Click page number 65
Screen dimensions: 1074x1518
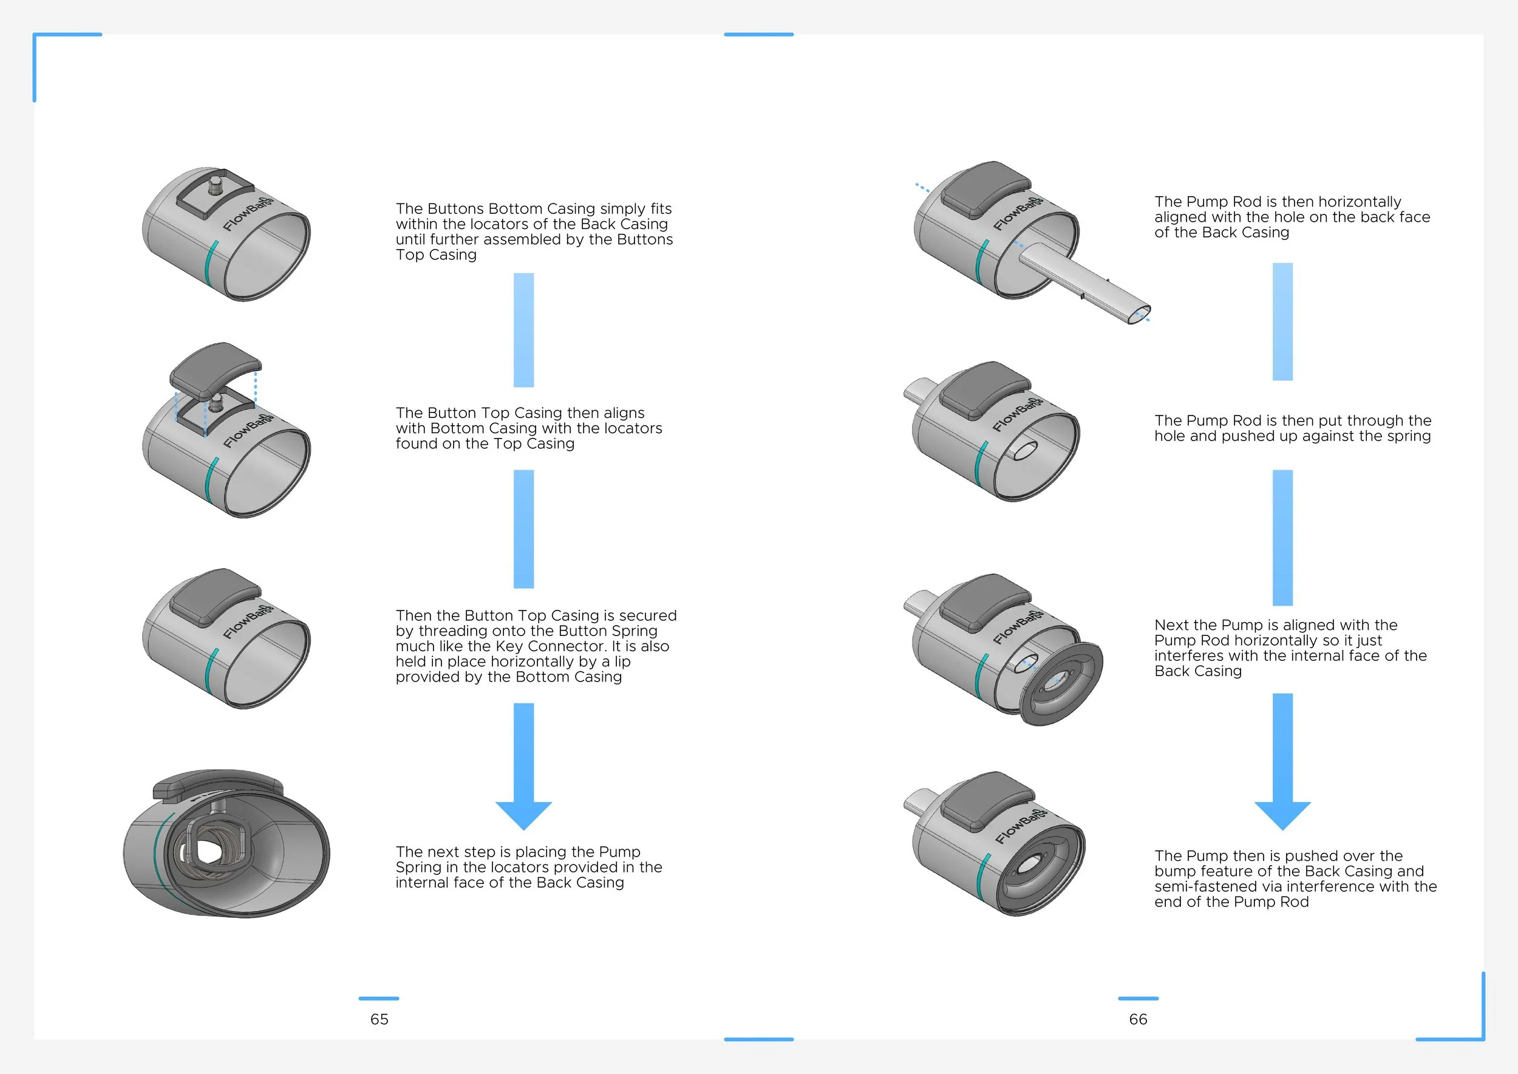click(x=379, y=1019)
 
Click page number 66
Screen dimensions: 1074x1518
click(x=1138, y=1019)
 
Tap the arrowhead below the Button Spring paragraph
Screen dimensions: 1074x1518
click(x=523, y=814)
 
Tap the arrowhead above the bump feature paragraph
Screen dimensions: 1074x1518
click(x=1282, y=814)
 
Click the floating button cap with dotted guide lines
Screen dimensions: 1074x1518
click(x=216, y=368)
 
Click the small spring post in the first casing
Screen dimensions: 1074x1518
click(x=215, y=187)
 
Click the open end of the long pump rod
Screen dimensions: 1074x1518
click(x=1138, y=314)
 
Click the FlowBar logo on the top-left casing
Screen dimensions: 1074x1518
click(x=247, y=214)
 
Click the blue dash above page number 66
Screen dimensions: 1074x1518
click(x=1138, y=998)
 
